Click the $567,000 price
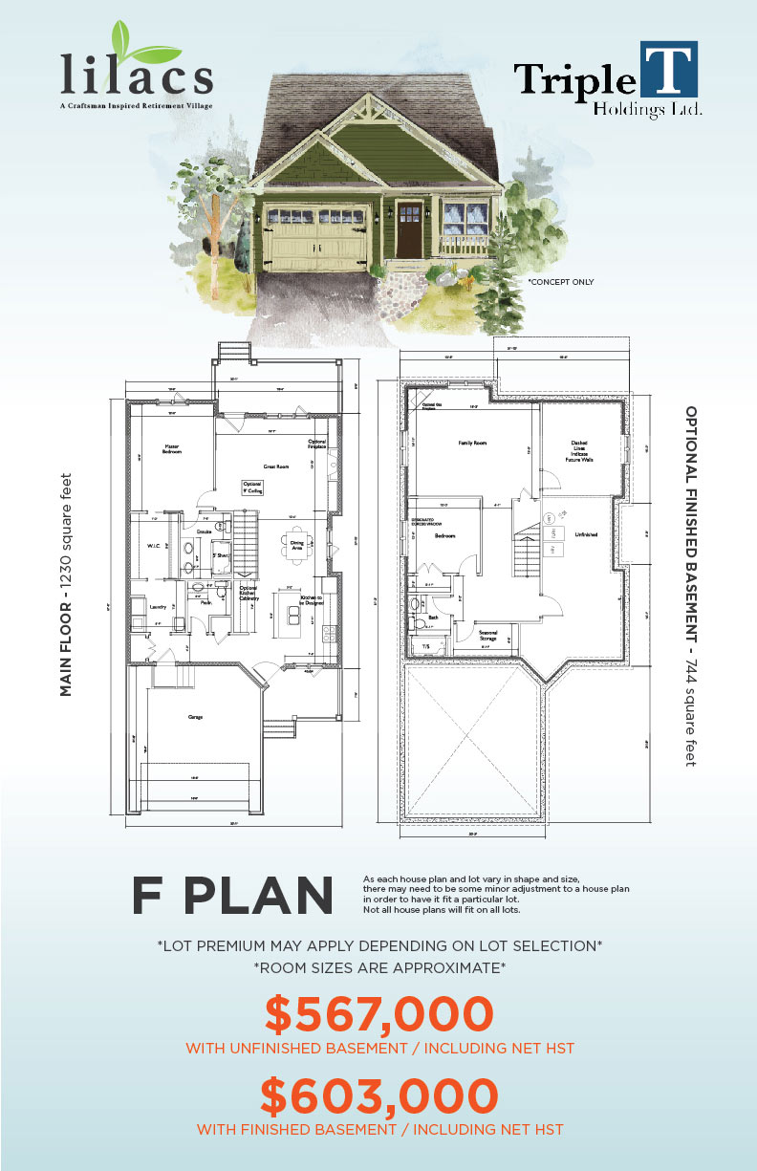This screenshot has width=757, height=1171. coord(378,1014)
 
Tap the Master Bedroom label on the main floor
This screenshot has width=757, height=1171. coord(172,448)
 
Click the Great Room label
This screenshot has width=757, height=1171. coord(277,466)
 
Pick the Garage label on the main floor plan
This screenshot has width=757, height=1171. coord(195,717)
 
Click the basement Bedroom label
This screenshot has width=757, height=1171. coord(444,536)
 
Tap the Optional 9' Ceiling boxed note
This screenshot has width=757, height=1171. coord(252,488)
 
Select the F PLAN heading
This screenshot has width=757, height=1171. coord(233,895)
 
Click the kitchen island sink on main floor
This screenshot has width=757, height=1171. coord(287,612)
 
